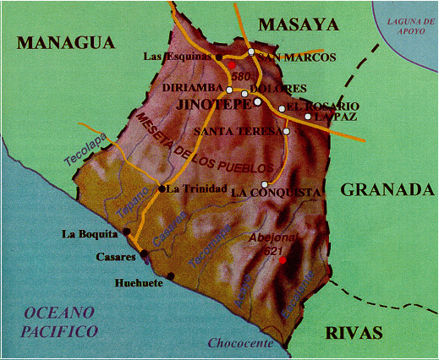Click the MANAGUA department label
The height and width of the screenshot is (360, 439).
click(64, 42)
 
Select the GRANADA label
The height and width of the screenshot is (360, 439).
click(387, 189)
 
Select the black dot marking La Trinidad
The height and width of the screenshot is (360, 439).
click(162, 188)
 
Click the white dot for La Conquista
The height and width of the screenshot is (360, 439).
click(265, 184)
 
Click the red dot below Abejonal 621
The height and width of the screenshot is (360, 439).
click(283, 259)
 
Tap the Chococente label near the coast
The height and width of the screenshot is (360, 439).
click(240, 344)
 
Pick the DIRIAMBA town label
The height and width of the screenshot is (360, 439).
click(194, 88)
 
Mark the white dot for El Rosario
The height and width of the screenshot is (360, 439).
click(282, 108)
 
